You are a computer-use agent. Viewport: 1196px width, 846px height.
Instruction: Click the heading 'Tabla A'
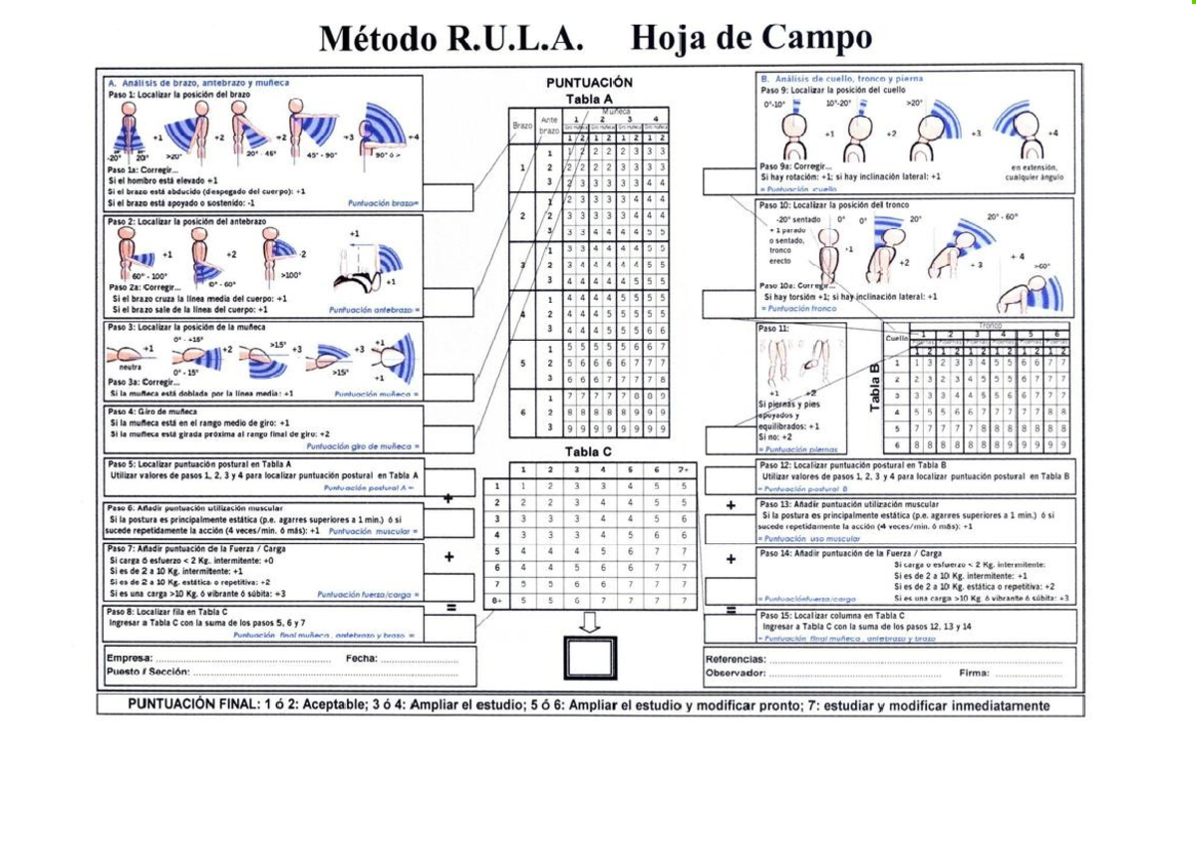pos(589,99)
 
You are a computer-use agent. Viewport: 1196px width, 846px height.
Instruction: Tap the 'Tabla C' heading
pos(589,451)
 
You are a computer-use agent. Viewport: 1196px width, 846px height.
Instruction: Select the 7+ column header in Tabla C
pos(683,469)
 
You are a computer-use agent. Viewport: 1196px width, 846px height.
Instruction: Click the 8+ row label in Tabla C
pos(496,601)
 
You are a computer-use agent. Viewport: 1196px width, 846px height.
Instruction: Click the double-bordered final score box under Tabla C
pos(590,657)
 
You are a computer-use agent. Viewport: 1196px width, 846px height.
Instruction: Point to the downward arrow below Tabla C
pos(590,623)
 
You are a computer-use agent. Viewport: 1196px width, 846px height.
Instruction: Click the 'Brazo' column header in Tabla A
pos(522,127)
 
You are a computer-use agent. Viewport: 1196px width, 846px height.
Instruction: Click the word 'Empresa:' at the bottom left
pos(129,659)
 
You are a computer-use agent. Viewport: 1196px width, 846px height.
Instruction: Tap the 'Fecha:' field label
pos(361,659)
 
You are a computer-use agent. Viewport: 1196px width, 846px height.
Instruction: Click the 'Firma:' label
pos(975,673)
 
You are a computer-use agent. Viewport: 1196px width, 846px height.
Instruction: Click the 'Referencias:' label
pos(736,659)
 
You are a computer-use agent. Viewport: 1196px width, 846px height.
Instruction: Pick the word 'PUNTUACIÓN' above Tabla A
pos(589,83)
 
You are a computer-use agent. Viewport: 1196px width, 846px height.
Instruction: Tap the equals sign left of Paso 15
pos(731,610)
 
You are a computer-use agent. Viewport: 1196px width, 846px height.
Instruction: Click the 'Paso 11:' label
pos(774,327)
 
